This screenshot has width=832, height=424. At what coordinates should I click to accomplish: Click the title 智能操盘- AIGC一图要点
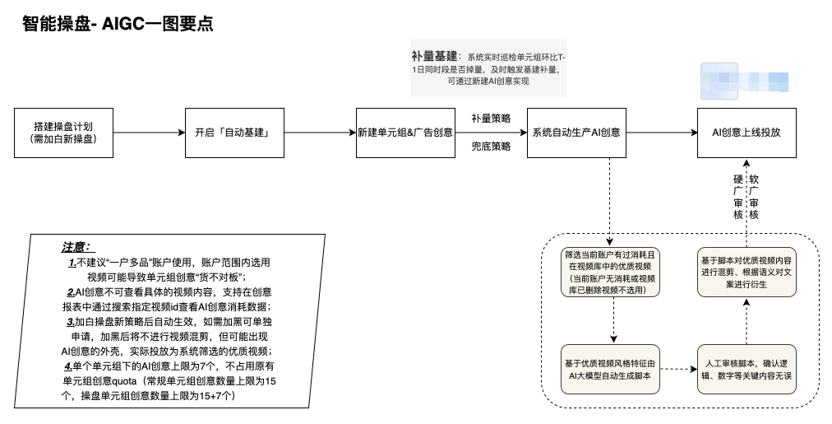(x=118, y=24)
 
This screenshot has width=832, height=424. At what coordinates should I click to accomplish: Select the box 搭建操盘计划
(x=62, y=133)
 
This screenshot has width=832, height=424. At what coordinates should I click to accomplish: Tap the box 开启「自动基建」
(x=233, y=133)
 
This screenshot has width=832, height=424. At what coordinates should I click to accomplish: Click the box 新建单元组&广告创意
(x=405, y=133)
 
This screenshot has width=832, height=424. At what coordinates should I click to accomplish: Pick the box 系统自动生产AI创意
(x=575, y=133)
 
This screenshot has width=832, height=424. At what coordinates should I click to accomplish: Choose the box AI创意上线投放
(x=746, y=133)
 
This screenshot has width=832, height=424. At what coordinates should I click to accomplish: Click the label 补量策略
(x=491, y=119)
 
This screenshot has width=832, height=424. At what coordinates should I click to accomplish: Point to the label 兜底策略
(x=491, y=147)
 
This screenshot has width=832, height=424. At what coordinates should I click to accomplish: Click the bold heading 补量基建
(x=435, y=57)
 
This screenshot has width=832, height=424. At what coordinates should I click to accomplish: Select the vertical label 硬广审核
(x=737, y=197)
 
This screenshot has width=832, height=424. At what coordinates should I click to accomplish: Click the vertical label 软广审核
(x=754, y=197)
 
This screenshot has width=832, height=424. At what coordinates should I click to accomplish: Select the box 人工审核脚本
(x=746, y=369)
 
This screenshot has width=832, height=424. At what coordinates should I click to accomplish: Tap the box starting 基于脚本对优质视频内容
(x=746, y=273)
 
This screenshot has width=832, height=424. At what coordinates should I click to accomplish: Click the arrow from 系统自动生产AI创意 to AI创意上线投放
(x=661, y=133)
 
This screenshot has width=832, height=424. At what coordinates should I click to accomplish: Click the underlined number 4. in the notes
(x=69, y=365)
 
